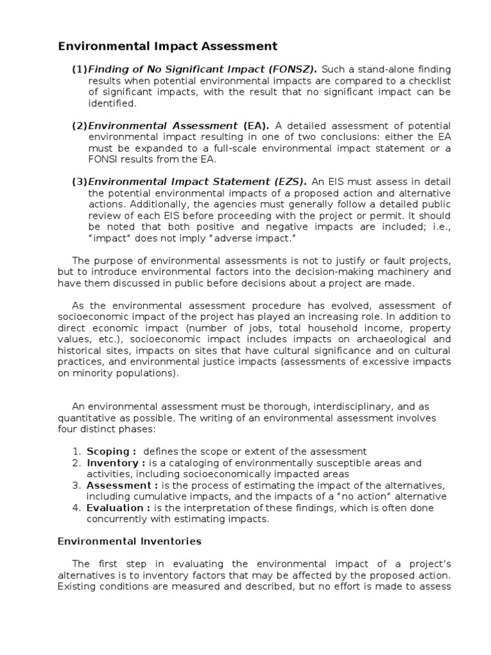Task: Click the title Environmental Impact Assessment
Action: pos(168,46)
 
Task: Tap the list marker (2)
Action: pos(79,125)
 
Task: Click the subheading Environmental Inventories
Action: pos(129,541)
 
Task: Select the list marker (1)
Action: pos(79,69)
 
